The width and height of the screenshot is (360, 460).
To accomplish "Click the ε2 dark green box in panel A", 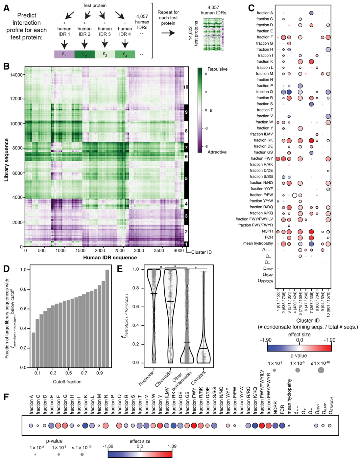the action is pos(84,54).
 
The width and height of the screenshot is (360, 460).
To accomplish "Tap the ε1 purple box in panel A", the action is pos(64,54).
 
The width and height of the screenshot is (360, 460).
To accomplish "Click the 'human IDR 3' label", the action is pos(105,31).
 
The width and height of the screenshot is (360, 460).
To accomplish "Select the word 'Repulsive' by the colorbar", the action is pos(218,69).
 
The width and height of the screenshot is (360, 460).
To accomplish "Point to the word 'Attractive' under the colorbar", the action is pos(217,152).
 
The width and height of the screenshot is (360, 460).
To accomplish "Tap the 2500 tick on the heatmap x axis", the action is pos(120,250).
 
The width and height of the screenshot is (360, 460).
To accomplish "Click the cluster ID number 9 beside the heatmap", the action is pos(186,112).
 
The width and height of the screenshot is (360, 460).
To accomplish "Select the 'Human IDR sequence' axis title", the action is pos(110,257).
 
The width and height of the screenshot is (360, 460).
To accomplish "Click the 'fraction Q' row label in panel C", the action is pos(265,92).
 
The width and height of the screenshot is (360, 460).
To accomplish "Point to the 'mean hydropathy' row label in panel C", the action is pos(258,243).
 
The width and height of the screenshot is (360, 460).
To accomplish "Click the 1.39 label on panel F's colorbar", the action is pos(172,446).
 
